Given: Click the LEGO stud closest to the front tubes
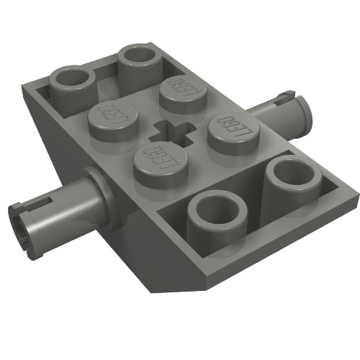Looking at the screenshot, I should [x=157, y=162].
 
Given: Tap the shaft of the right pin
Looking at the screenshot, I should [x=277, y=114].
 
